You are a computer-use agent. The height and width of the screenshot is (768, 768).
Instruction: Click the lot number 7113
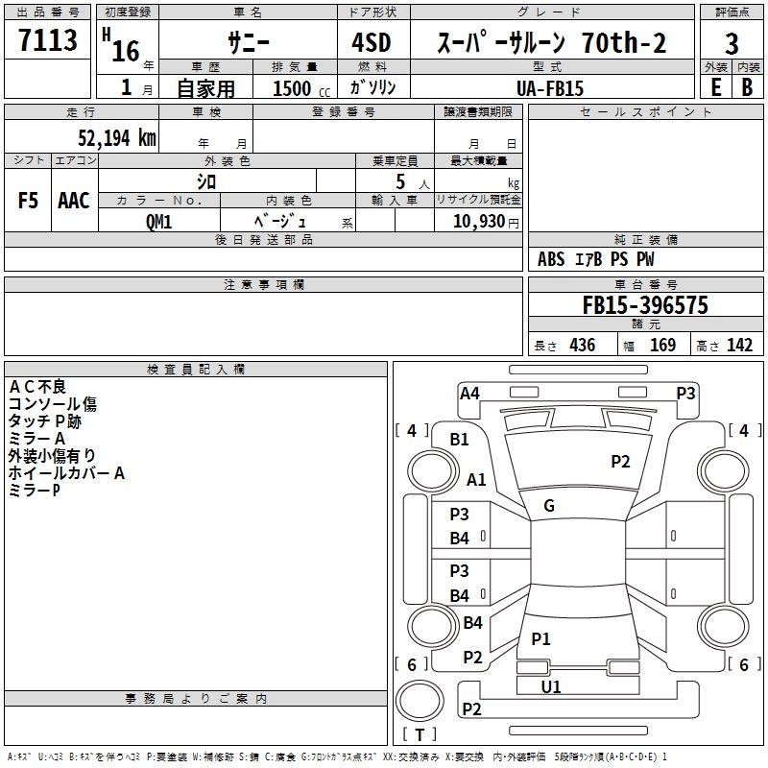coord(47,40)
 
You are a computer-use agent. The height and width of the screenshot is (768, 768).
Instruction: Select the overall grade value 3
coord(732,44)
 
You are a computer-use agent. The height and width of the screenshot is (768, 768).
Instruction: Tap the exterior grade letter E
coord(716,87)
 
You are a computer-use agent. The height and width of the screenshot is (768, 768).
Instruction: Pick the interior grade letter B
coord(747,87)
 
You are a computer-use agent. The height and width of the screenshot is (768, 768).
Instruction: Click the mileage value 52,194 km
coord(117,137)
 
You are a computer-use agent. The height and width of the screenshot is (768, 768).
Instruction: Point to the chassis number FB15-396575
coord(645,305)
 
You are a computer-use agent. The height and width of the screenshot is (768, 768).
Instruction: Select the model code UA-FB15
coord(550,88)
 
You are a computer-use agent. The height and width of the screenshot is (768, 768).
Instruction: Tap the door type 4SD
coord(372,42)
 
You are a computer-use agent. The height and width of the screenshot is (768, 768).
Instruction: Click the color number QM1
coord(158,222)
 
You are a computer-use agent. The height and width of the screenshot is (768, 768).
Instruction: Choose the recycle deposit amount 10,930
coord(479,222)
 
